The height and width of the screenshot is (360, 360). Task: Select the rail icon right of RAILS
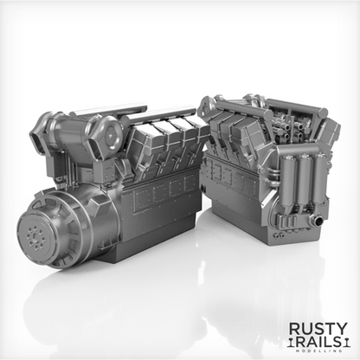(344, 344)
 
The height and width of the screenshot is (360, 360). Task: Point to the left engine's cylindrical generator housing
(65, 228)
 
